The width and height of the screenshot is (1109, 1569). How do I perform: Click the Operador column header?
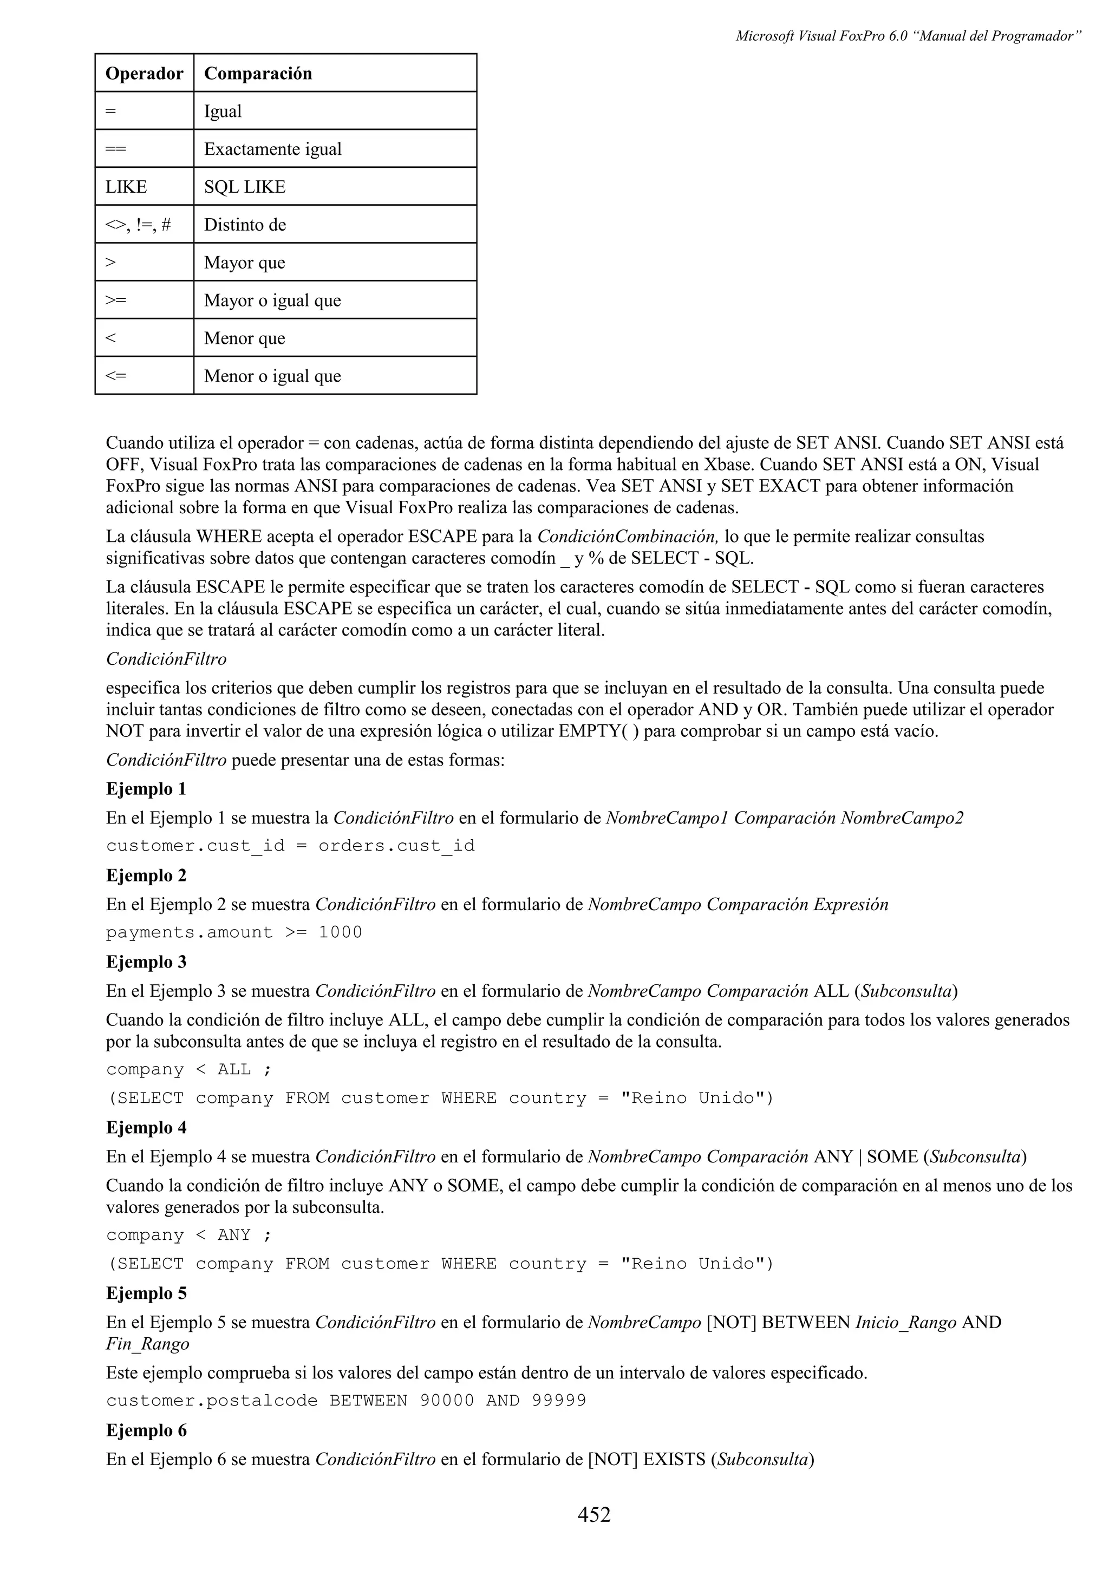tap(144, 73)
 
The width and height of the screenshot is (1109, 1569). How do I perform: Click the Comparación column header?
tap(258, 73)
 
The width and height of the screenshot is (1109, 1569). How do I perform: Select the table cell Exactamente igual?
tap(272, 149)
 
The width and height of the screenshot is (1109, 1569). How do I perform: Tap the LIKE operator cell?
tap(126, 187)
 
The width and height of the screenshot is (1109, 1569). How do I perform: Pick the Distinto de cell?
tap(245, 225)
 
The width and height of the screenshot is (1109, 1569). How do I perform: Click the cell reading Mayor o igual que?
tap(272, 300)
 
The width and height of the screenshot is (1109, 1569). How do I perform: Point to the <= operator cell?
tap(116, 376)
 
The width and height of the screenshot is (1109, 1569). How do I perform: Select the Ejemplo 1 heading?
tap(146, 789)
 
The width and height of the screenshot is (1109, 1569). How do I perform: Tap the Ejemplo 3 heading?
tap(146, 962)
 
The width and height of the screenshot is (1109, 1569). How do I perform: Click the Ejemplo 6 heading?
tap(146, 1430)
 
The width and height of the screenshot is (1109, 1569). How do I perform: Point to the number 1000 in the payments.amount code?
tap(340, 933)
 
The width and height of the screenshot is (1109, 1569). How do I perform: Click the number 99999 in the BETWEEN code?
tap(558, 1401)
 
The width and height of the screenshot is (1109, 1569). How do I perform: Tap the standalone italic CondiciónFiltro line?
tap(166, 659)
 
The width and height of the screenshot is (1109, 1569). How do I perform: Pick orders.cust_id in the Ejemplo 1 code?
tap(396, 846)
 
